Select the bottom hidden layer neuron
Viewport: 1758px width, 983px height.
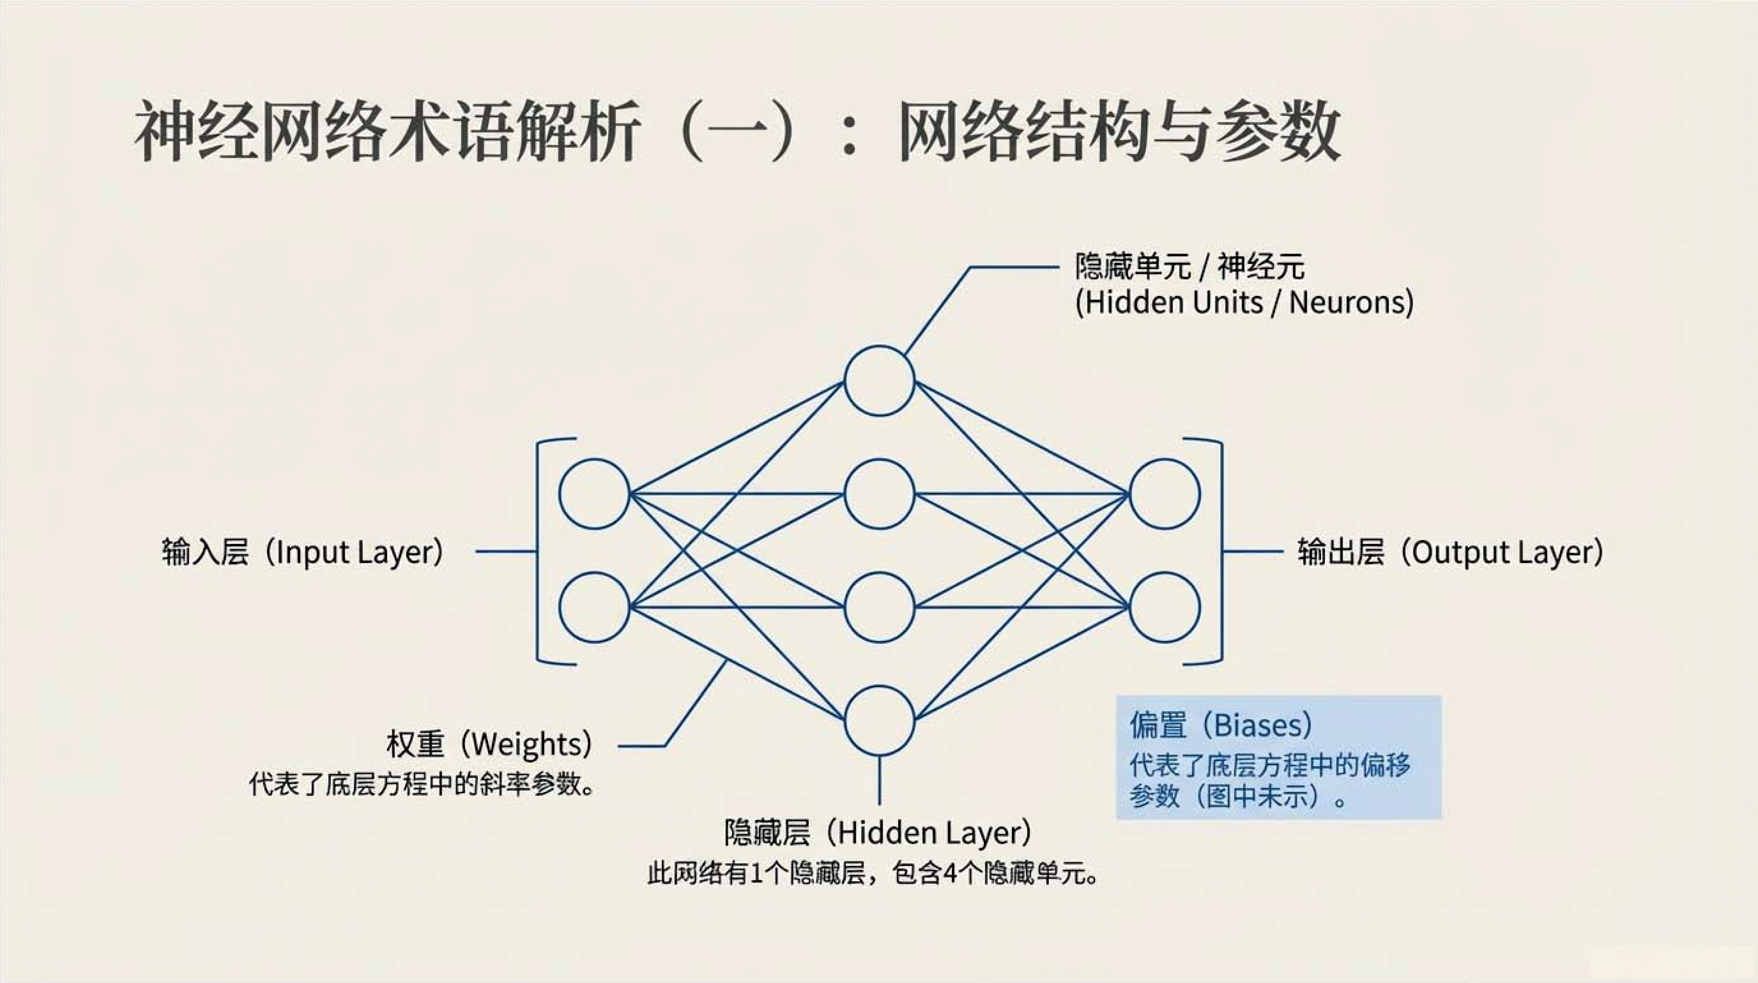(x=879, y=720)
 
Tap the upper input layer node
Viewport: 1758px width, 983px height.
(x=594, y=494)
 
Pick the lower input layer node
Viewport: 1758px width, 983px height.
(x=594, y=607)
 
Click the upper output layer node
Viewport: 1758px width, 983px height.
(x=1164, y=494)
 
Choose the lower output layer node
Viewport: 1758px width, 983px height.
(x=1164, y=607)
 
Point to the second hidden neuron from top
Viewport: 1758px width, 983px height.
(x=879, y=494)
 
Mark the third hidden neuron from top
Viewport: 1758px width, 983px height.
(x=879, y=607)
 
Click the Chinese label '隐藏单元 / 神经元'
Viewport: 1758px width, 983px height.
(x=1189, y=266)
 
